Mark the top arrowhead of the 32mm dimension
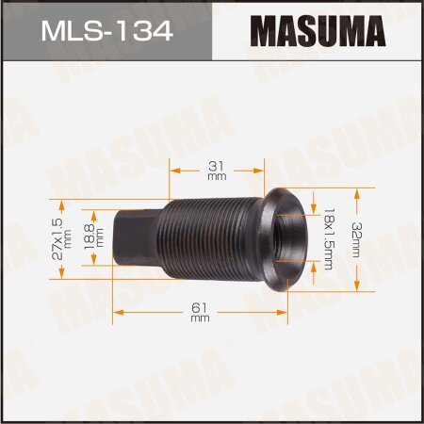click(x=357, y=191)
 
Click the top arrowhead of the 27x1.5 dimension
click(x=62, y=201)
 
